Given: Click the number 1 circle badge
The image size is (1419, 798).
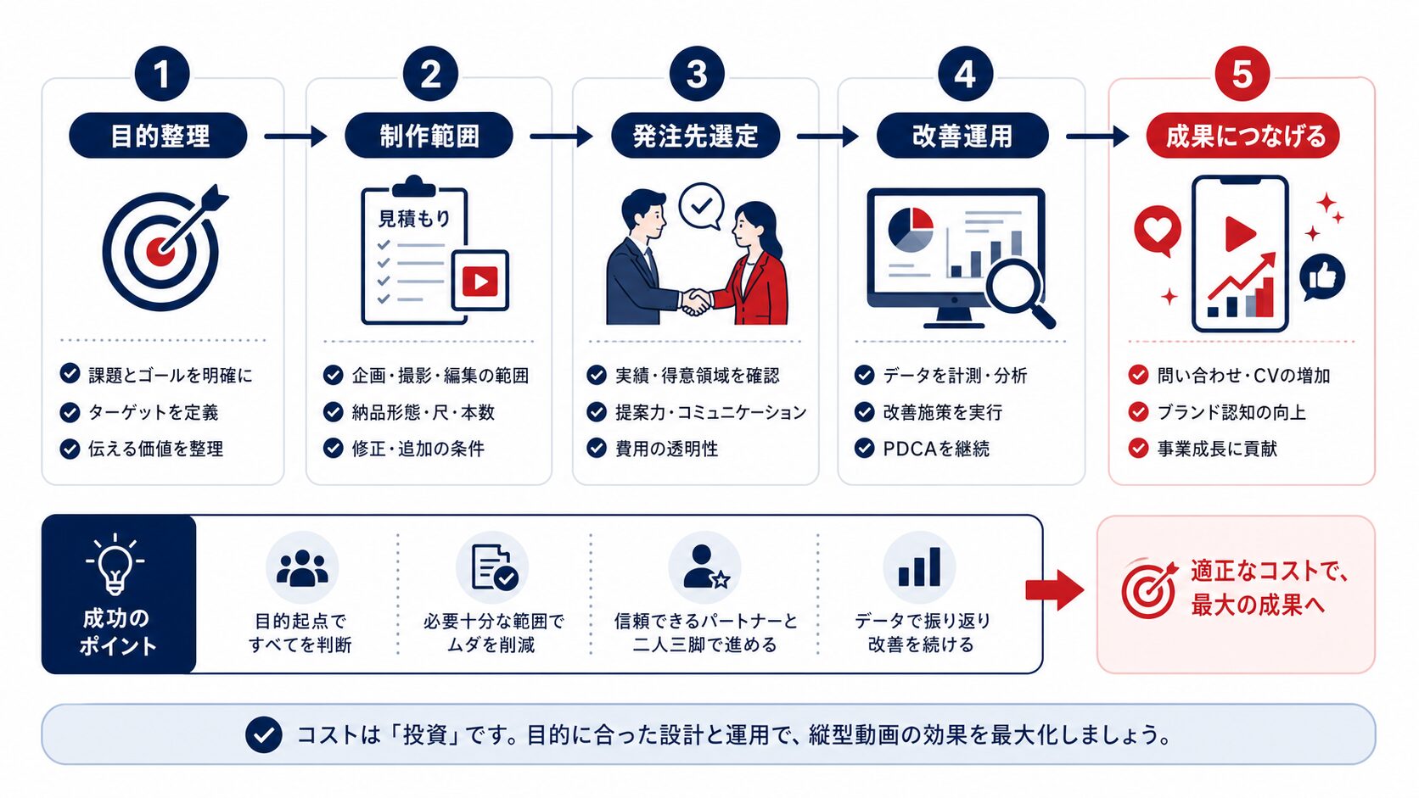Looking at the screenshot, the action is (162, 74).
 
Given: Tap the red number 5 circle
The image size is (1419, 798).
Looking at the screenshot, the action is (1242, 74).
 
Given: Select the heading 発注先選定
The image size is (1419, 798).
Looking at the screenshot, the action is (696, 136).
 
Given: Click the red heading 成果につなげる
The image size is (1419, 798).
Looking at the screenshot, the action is (1242, 136).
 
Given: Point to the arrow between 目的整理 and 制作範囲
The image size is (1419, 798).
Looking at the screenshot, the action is (295, 136).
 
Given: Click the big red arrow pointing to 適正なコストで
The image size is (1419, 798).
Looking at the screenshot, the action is (1054, 590).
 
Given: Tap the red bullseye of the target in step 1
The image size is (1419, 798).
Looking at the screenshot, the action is (159, 251).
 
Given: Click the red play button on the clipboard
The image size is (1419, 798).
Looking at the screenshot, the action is (480, 281).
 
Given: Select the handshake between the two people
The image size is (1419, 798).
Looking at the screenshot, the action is (696, 302).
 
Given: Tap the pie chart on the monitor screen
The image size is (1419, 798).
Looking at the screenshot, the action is (911, 230).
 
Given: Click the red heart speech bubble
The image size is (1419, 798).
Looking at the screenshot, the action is (1158, 230).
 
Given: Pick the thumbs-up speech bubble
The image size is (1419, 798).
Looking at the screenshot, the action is (1322, 278).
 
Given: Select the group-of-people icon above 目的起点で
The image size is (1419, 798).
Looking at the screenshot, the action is (302, 567).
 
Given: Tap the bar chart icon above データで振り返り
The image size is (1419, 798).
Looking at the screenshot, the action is (919, 566).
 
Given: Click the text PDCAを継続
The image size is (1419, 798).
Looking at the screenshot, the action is (935, 449).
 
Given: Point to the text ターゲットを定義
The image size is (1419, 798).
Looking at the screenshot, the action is (154, 412).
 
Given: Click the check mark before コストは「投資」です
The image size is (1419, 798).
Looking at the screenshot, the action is (264, 734).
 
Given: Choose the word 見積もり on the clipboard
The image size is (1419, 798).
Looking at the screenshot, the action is (414, 218).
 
